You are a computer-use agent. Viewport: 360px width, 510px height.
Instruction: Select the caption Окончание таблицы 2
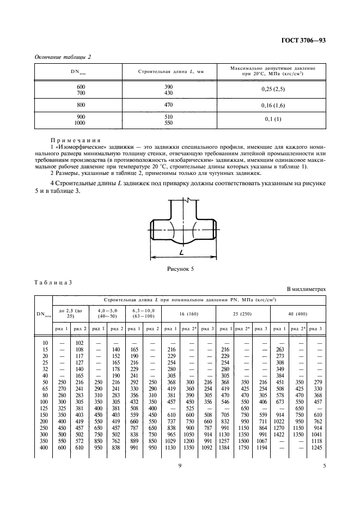coord(63,57)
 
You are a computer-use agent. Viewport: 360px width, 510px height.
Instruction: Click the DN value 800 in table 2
coord(81,104)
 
